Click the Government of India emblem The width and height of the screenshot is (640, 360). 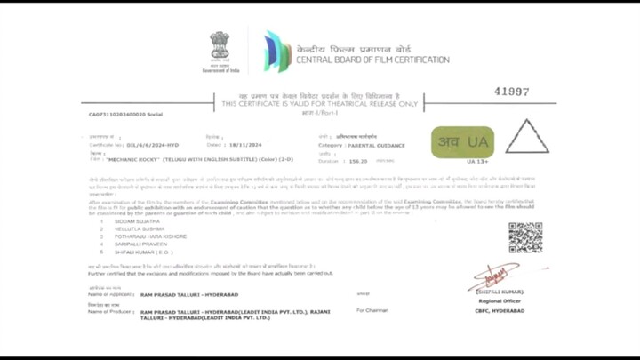pos(220,46)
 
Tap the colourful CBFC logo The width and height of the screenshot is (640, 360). pos(276,51)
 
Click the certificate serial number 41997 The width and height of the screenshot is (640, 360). pos(511,92)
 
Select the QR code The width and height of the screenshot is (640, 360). pos(524,237)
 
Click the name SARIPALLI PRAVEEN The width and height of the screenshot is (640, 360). pos(139,244)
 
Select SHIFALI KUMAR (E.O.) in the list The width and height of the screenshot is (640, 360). pos(142,252)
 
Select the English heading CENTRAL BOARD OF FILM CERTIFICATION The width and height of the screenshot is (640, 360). pos(373,60)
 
